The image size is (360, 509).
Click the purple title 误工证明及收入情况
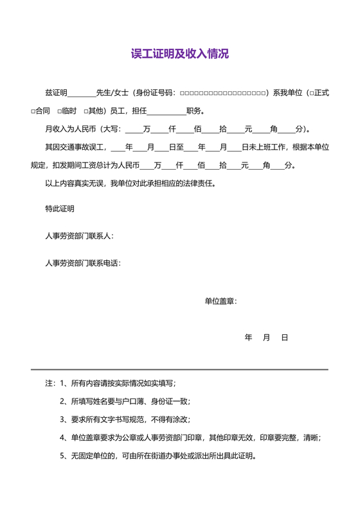coord(179,54)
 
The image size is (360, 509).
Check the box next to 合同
coord(33,111)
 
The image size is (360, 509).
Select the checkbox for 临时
coord(59,111)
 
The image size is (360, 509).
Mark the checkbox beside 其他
coord(85,111)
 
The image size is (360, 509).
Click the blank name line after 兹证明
coord(81,94)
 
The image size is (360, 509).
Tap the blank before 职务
coord(166,111)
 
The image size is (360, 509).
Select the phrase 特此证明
coord(59,209)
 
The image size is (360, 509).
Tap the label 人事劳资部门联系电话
coord(82,263)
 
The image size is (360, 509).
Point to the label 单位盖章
coord(220,301)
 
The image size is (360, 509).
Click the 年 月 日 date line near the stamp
coord(266,337)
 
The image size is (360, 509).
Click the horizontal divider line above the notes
coord(179,370)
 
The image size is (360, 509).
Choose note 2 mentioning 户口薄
coord(125,402)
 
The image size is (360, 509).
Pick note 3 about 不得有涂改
coord(125,420)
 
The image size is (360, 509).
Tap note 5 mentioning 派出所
coord(158,456)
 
